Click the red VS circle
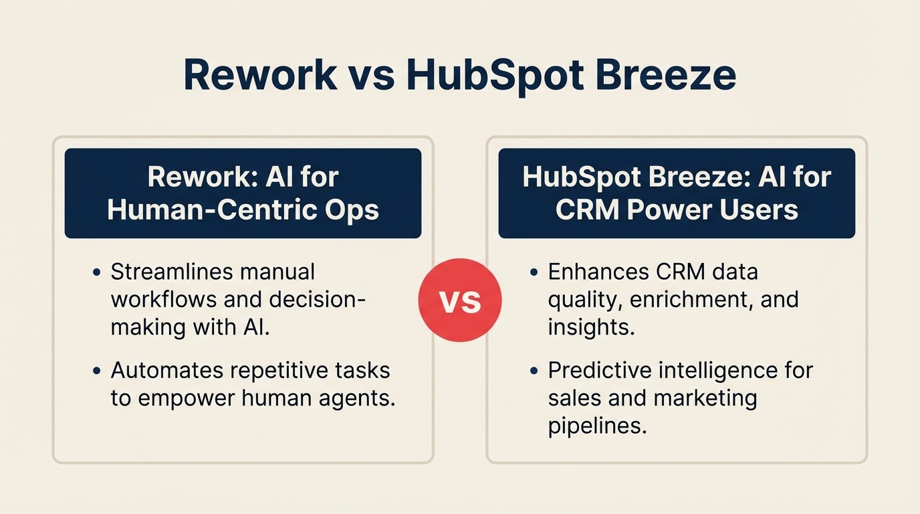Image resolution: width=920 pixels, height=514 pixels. (x=460, y=301)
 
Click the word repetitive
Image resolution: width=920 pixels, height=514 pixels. (x=281, y=370)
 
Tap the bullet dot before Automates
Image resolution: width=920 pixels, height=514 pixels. (x=98, y=371)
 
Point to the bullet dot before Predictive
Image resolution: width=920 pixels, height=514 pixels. (x=533, y=371)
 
